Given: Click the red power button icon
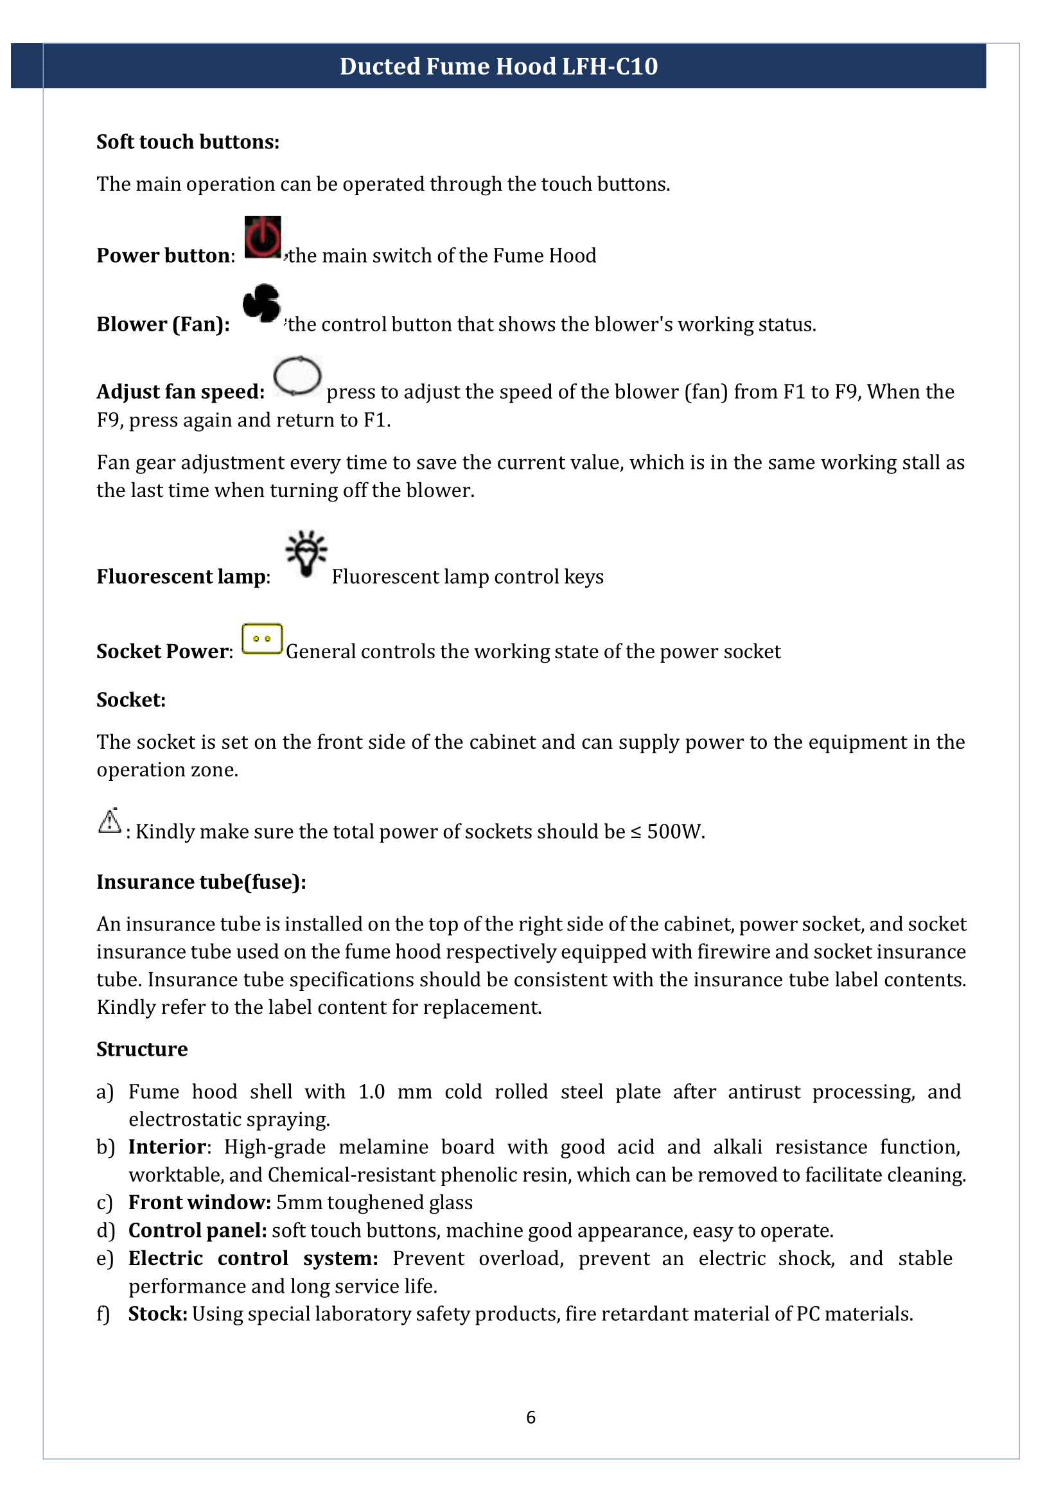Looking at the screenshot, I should click(263, 237).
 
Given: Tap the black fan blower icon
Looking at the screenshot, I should click(261, 304).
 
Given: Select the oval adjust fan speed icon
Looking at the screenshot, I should click(297, 376).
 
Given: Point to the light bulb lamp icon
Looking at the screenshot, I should click(306, 553).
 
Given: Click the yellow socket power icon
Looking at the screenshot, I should click(262, 639).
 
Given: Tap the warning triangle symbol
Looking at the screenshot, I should click(109, 821).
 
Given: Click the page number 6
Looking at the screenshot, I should click(531, 1417).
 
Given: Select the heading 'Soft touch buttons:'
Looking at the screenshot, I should click(188, 142).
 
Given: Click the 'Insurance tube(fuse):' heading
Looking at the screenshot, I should click(201, 882).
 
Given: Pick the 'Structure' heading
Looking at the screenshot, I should click(142, 1049).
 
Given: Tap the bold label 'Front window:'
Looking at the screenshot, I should click(200, 1202).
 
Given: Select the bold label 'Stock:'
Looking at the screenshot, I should click(158, 1313).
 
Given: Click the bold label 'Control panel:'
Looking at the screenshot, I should click(197, 1230).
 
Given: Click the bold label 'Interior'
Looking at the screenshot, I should click(167, 1147).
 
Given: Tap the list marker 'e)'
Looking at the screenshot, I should click(105, 1259).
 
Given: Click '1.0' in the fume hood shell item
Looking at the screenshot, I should click(371, 1092).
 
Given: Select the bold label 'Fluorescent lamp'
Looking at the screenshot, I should click(181, 577).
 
